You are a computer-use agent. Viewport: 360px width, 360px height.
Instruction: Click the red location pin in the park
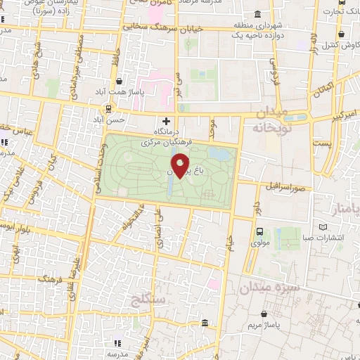(181, 167)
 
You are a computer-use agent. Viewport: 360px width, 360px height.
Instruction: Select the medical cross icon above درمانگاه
(166, 121)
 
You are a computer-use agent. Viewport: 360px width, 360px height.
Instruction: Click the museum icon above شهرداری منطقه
(258, 15)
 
